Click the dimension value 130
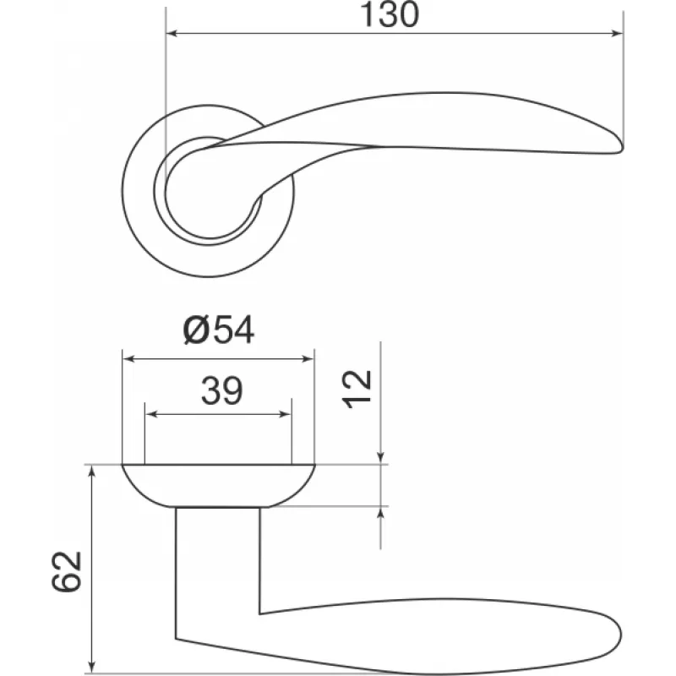pyautogui.click(x=390, y=14)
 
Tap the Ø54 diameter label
pyautogui.click(x=219, y=330)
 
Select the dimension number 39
pyautogui.click(x=222, y=390)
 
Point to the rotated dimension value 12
pyautogui.click(x=357, y=389)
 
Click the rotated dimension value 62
pyautogui.click(x=66, y=571)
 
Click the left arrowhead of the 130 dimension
pyautogui.click(x=172, y=33)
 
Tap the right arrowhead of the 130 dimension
pyautogui.click(x=618, y=33)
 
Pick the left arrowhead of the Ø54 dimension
pyautogui.click(x=128, y=358)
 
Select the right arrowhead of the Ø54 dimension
pyautogui.click(x=308, y=358)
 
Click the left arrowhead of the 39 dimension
pyautogui.click(x=151, y=415)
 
